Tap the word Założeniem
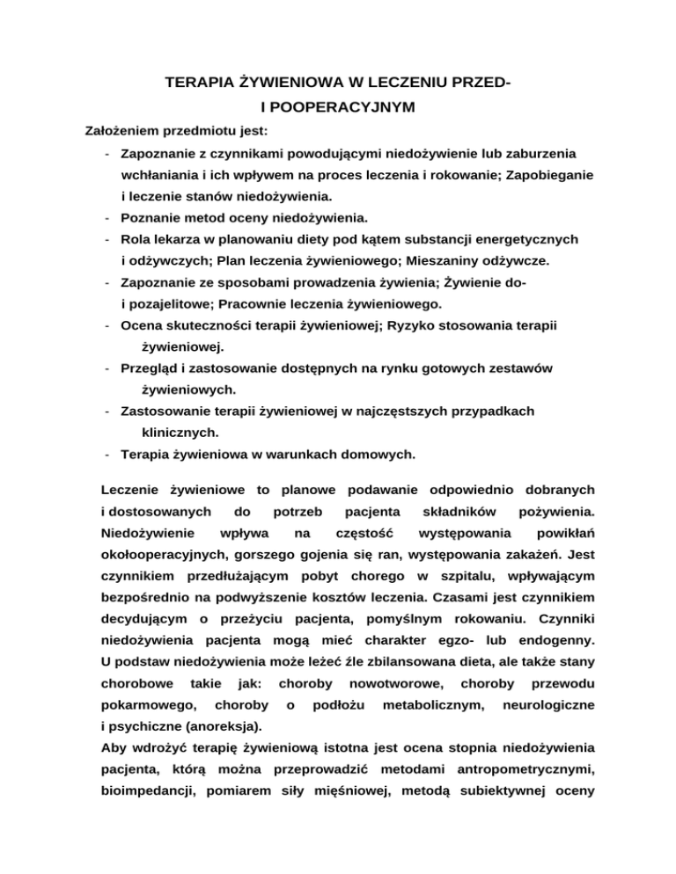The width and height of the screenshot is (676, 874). point(121,130)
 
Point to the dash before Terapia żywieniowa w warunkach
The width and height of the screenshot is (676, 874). point(105,455)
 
